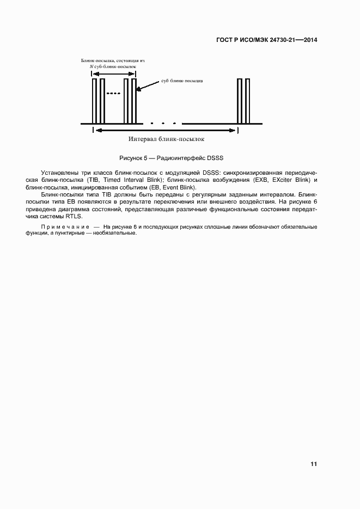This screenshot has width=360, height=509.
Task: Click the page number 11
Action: pos(314,464)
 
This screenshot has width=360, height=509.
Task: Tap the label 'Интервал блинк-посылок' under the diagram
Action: pos(166,139)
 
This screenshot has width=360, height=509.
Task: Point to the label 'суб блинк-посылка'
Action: pos(181,81)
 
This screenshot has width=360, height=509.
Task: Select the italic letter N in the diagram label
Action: pos(91,65)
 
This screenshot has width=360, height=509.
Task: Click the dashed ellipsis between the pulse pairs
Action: pos(113,94)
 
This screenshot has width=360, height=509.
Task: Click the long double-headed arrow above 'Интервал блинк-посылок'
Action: pos(166,130)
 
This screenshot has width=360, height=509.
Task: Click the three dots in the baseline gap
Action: pos(163,122)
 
